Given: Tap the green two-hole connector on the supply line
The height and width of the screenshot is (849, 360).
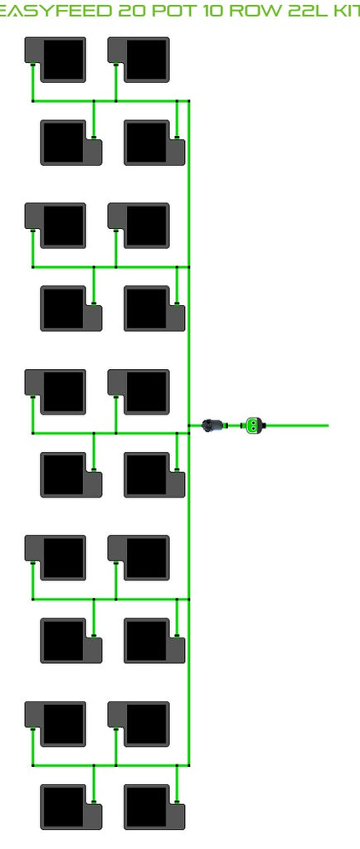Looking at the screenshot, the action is pos(253,425).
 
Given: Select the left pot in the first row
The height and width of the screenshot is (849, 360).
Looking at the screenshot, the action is pos(56,60).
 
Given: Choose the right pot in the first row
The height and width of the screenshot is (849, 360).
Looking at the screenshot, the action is pos(139,60).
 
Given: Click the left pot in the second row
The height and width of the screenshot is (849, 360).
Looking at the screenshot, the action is pos(71,143).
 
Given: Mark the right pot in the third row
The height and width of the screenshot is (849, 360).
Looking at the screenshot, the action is pos(139,226).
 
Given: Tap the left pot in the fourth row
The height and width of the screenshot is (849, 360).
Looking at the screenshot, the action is pos(71,308).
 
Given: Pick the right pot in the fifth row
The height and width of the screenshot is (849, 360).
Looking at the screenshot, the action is pos(139,392).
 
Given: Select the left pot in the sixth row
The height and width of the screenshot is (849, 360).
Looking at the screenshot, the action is pos(71,475).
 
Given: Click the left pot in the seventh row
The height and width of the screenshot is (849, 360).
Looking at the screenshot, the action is pos(56,558).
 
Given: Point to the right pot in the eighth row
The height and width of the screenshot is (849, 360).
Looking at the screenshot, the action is pos(154,641).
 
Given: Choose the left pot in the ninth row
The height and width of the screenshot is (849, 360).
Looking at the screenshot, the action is pos(56,724).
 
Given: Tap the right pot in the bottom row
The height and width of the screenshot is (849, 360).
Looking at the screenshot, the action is pos(154,807).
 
